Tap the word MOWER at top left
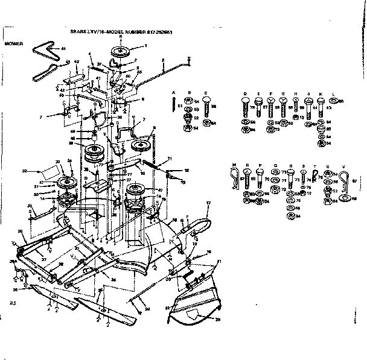(13, 44)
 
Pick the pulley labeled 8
(142, 145)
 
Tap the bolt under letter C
(205, 111)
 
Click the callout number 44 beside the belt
(62, 47)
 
